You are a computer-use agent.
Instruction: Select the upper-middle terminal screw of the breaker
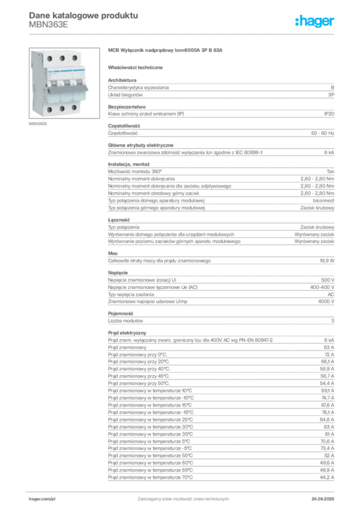pyautogui.click(x=63, y=58)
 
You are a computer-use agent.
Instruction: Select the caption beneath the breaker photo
pyautogui.click(x=39, y=125)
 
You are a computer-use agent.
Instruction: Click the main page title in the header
pyautogui.click(x=82, y=15)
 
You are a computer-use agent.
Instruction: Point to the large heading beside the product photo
pyautogui.click(x=167, y=51)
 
